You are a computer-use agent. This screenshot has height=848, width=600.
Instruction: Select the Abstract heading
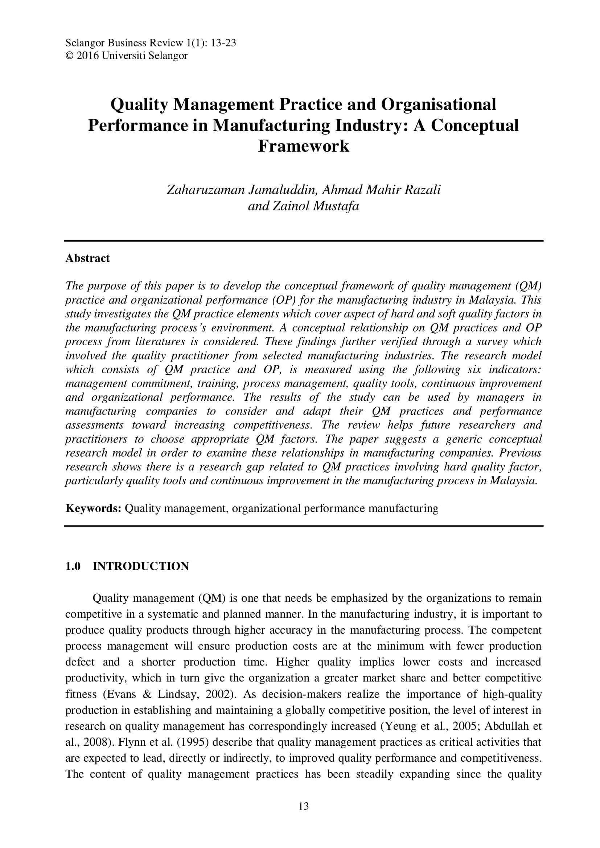[87, 258]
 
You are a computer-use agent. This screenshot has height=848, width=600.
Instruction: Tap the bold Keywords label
[94, 509]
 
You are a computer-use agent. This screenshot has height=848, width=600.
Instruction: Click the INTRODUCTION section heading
[141, 566]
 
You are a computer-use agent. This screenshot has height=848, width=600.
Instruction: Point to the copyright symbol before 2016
[69, 56]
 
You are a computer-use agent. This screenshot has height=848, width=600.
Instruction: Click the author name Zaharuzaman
[206, 190]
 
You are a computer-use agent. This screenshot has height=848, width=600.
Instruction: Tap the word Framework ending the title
[303, 145]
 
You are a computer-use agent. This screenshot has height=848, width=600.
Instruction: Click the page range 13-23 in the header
[223, 43]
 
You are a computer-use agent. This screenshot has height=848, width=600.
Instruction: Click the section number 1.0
[73, 566]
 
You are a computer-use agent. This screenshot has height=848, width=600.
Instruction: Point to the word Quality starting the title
[139, 104]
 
